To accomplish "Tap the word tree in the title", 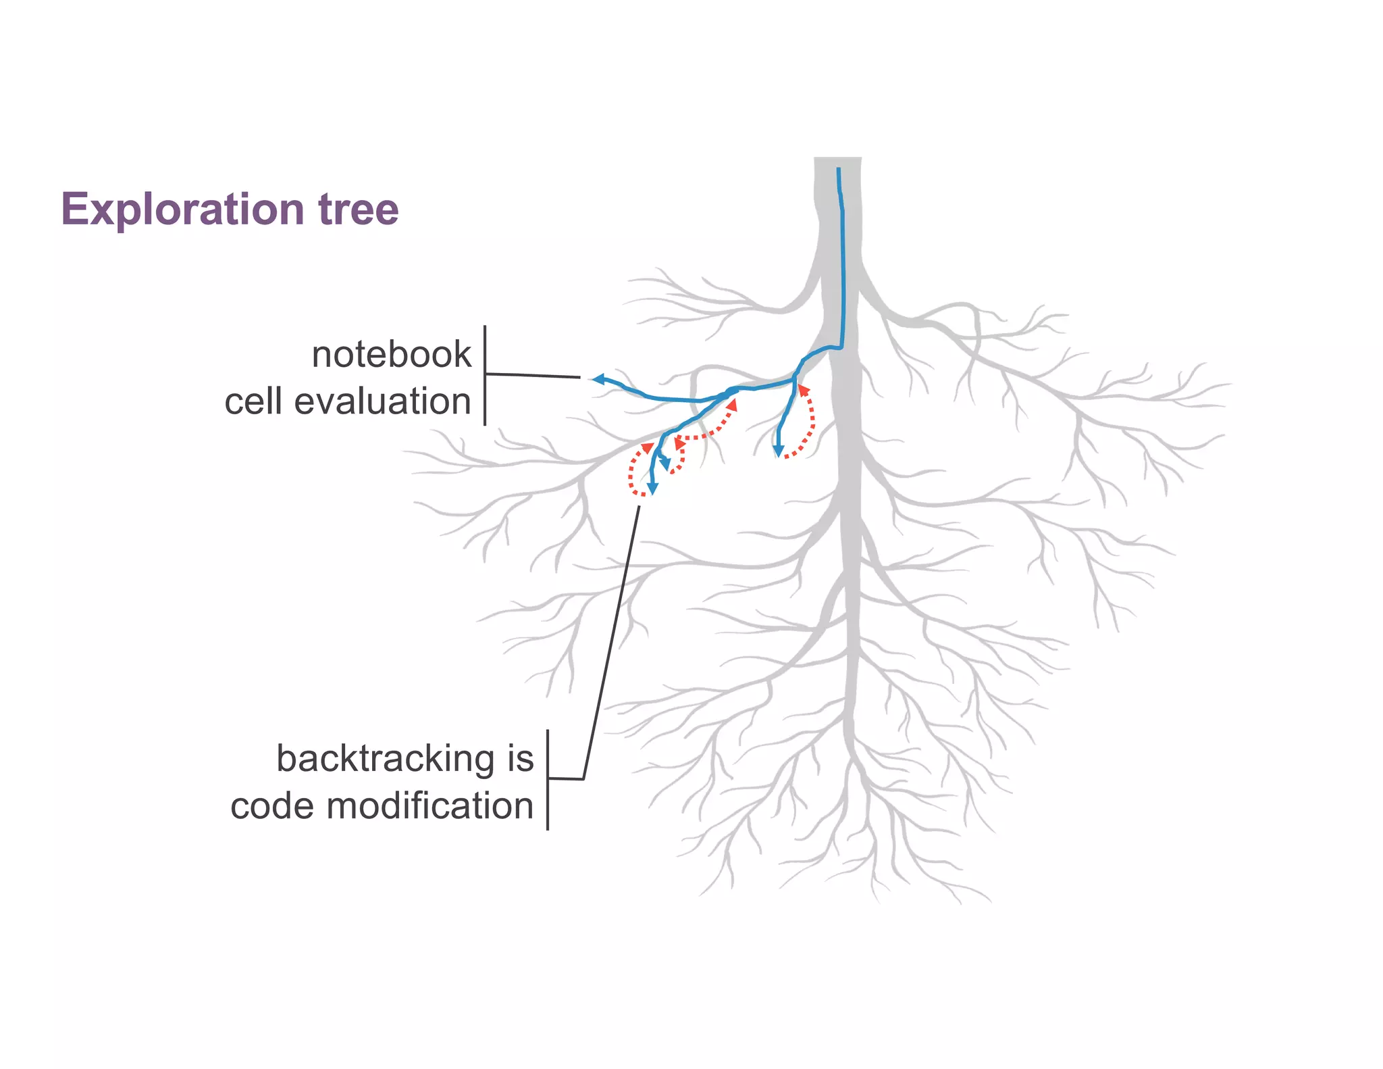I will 359,209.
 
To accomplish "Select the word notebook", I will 391,355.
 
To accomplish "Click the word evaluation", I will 382,401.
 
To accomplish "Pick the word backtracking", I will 386,759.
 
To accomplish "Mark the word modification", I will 430,806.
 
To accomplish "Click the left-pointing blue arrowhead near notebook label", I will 597,379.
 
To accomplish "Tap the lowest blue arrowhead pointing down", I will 652,489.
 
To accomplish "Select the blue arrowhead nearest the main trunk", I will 779,451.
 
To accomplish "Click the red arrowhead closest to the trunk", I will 803,390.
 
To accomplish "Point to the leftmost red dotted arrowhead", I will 647,447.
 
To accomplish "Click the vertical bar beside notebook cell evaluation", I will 485,376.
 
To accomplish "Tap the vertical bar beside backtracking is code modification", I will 548,780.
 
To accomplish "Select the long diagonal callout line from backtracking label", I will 611,642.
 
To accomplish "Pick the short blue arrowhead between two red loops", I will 665,464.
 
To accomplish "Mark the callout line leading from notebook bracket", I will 533,375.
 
